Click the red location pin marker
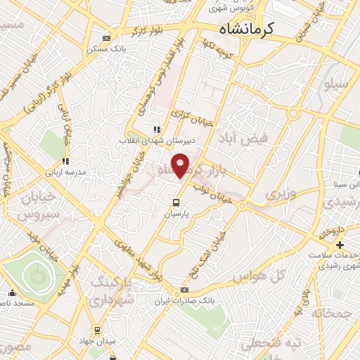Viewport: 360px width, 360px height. (x=181, y=165)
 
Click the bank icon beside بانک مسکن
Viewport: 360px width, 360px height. (x=105, y=38)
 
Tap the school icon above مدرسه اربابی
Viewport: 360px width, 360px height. (x=65, y=162)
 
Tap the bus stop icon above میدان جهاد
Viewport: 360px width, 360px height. (x=98, y=330)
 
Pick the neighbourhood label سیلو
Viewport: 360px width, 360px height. (x=335, y=85)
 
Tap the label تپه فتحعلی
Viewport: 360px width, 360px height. (x=262, y=344)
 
